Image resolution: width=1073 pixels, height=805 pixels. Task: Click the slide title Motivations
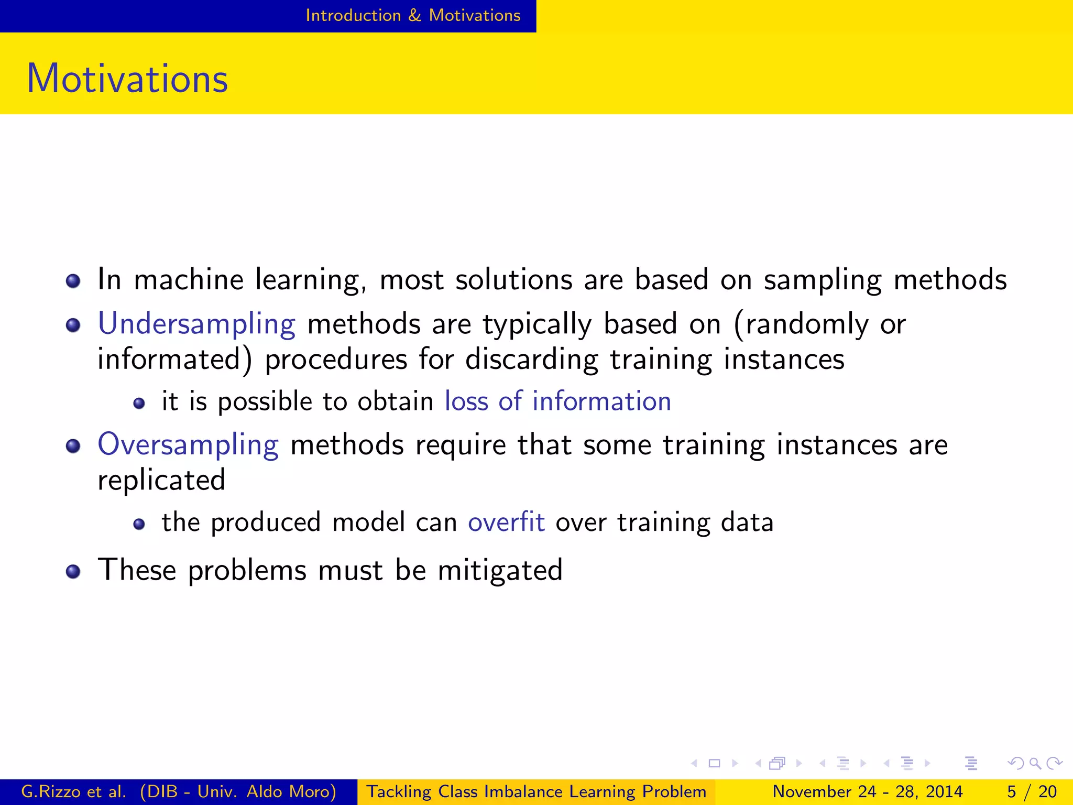[x=127, y=79]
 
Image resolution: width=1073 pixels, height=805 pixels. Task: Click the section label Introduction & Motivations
[x=413, y=15]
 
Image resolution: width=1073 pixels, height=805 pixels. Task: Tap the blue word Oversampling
[x=188, y=445]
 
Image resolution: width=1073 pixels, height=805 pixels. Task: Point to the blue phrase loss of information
[x=557, y=401]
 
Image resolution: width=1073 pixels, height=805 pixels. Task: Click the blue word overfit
[x=506, y=523]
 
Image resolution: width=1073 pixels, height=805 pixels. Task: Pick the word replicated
[x=161, y=481]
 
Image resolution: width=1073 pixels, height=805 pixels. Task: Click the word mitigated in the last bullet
[x=500, y=570]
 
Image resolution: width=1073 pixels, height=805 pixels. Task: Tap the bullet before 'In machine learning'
[x=73, y=281]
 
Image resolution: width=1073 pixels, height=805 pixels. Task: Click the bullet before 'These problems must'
[x=73, y=571]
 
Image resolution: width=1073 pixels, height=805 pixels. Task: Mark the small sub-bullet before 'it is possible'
[x=139, y=404]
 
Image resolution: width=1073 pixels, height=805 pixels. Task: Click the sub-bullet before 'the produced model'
[x=139, y=525]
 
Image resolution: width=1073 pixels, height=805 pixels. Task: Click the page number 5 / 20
[x=1032, y=791]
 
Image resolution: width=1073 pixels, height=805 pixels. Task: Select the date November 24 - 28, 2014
[x=868, y=791]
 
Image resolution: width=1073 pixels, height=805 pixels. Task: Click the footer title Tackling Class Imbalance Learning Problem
[x=536, y=791]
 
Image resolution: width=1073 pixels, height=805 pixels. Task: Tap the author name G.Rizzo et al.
[x=73, y=791]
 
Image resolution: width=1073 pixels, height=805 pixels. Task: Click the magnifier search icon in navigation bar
[x=1035, y=764]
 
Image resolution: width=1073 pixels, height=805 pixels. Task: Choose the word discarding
[x=531, y=360]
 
